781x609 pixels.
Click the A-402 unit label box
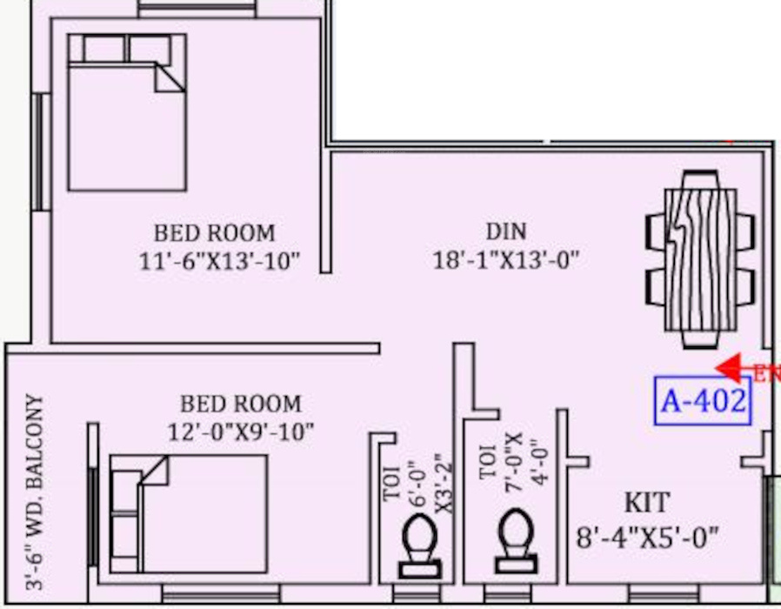pos(703,401)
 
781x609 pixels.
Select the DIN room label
pos(505,231)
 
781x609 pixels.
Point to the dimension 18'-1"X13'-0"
pos(506,260)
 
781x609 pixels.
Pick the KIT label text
pos(647,502)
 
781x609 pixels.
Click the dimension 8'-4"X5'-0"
pos(648,536)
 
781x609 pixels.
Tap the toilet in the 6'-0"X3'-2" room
pos(419,544)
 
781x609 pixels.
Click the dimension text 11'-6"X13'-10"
pos(218,261)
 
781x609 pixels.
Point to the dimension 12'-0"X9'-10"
pos(241,431)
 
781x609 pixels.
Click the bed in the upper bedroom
pos(127,113)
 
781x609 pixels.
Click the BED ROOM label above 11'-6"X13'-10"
pos(214,233)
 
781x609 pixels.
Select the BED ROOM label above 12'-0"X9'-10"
pos(241,404)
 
